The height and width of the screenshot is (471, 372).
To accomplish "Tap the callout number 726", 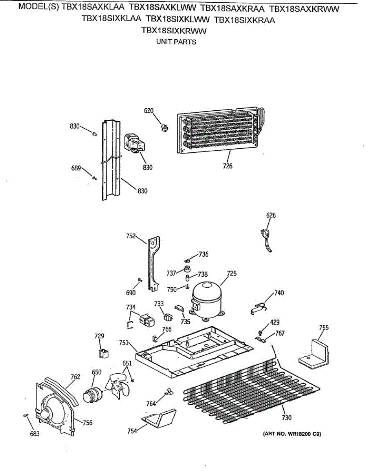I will click(227, 166).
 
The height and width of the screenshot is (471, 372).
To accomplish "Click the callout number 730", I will click(287, 418).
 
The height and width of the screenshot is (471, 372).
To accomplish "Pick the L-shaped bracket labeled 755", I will click(315, 354).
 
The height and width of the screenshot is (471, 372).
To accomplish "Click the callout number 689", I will click(76, 168).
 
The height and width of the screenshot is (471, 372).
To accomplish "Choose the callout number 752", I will click(131, 236).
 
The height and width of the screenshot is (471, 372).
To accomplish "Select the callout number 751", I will click(124, 343).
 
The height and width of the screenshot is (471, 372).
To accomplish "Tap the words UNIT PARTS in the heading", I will click(176, 42).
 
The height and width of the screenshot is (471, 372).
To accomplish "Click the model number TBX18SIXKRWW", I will click(174, 31).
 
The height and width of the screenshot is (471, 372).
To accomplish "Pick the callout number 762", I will click(75, 377).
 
